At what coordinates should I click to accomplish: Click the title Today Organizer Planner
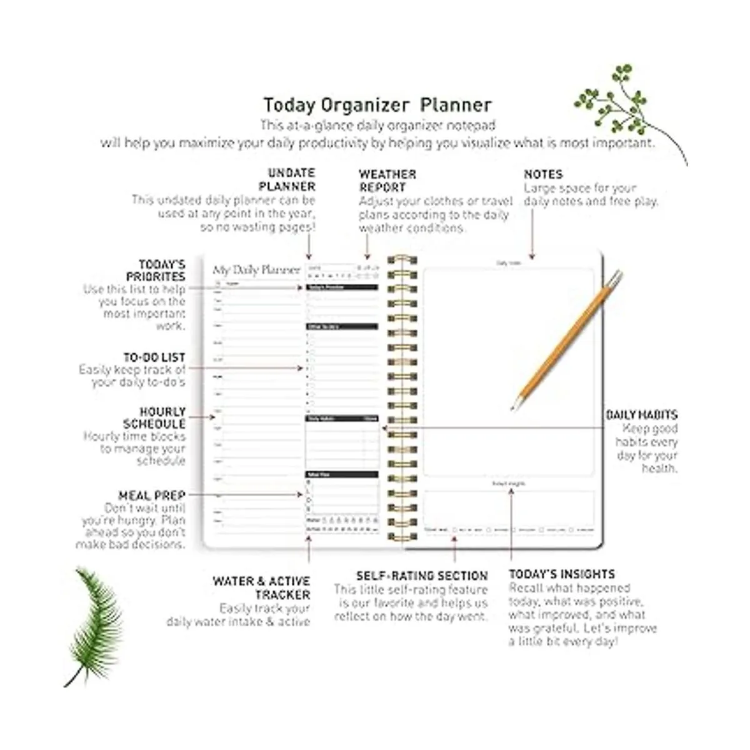point(377,105)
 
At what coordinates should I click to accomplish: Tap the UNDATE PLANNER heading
point(287,179)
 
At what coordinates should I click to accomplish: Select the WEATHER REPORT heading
point(387,181)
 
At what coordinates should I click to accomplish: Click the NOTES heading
point(543,174)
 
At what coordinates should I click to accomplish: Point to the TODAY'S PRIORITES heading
point(156,271)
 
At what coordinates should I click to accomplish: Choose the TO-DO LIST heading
point(154,357)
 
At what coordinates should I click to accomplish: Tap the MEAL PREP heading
point(152,496)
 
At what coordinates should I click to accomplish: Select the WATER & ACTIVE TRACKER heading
point(262,587)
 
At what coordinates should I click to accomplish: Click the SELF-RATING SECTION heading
point(422,576)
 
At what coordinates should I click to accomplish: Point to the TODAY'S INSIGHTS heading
point(562,574)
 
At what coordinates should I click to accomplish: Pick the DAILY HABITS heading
point(641,415)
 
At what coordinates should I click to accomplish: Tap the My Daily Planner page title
point(256,270)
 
